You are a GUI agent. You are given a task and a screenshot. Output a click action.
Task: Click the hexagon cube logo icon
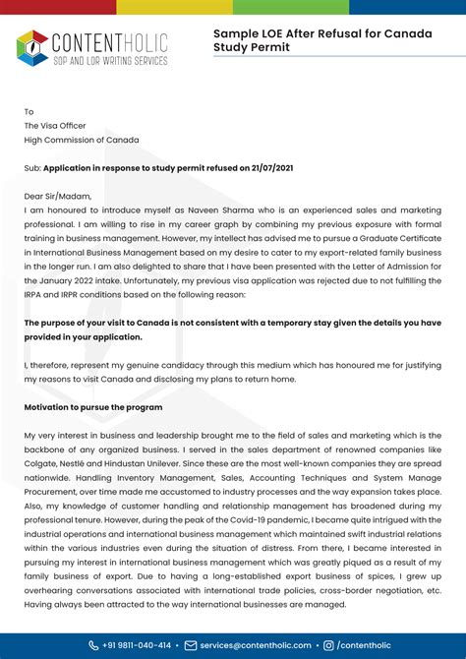click(x=31, y=47)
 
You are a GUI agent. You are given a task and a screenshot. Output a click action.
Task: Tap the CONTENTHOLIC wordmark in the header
click(x=108, y=41)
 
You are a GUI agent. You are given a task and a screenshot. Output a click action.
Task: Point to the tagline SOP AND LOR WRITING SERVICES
click(x=108, y=60)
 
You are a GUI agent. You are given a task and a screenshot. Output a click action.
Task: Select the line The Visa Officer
click(x=55, y=126)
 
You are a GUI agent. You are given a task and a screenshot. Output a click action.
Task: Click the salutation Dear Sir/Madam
click(x=57, y=196)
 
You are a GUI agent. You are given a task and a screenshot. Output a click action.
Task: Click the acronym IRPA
click(x=37, y=294)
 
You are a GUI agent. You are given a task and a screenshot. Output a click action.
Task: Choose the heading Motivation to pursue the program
click(x=93, y=407)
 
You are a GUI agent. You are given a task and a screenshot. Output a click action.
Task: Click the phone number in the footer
click(x=137, y=645)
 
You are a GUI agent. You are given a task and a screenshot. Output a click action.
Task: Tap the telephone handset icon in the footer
click(x=94, y=645)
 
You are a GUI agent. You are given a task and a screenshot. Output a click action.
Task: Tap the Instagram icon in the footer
click(x=328, y=645)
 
